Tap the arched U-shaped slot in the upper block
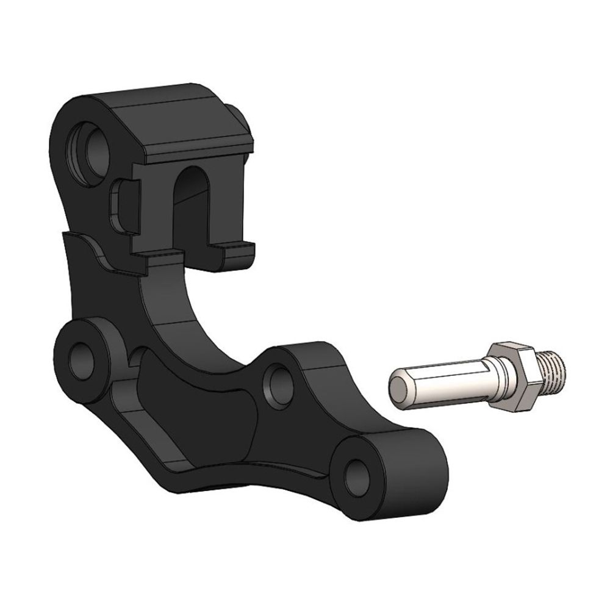coord(195,201)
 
